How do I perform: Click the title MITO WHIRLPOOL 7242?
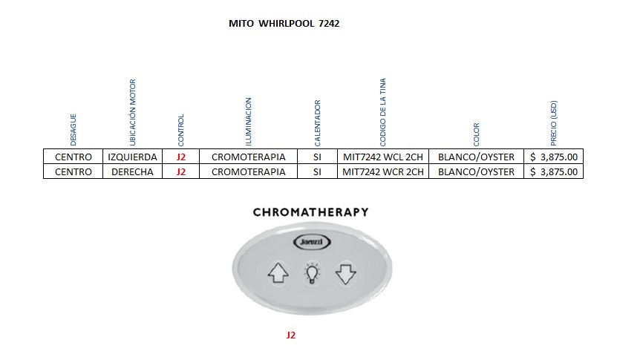tap(284, 24)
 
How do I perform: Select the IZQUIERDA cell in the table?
tap(132, 157)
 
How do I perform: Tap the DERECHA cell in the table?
tap(132, 171)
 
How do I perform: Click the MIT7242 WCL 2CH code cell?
tap(382, 157)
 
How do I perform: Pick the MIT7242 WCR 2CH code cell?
tap(382, 171)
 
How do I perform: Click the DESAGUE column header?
tap(74, 129)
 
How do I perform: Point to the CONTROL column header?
tap(181, 130)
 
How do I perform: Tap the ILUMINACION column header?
tap(249, 121)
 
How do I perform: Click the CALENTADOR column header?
tap(317, 122)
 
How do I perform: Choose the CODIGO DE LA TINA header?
tap(382, 111)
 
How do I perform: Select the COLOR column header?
tap(476, 134)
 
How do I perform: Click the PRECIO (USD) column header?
tap(554, 122)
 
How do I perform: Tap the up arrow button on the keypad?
tap(278, 274)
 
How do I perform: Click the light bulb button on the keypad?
tap(311, 274)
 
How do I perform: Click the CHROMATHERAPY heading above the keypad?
tap(310, 212)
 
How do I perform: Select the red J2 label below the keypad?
tap(291, 336)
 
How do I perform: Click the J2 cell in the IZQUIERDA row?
tap(181, 157)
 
